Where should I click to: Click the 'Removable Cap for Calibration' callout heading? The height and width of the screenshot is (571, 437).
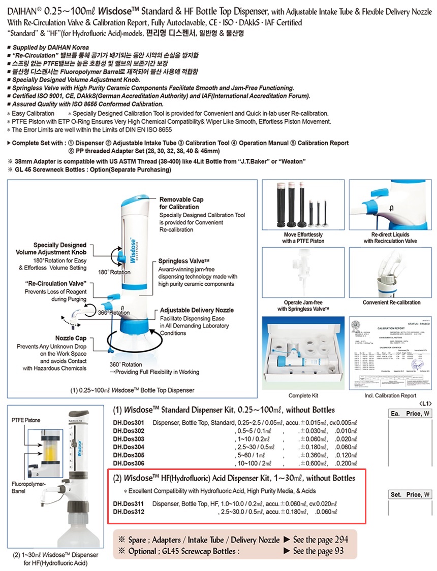click(x=181, y=203)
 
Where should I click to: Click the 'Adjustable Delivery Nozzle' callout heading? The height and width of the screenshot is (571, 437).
click(x=197, y=310)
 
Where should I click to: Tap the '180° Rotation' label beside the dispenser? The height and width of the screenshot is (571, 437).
click(x=114, y=272)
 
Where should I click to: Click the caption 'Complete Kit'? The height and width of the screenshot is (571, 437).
click(x=303, y=395)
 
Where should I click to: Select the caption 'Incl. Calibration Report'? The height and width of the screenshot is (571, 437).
click(x=390, y=395)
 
